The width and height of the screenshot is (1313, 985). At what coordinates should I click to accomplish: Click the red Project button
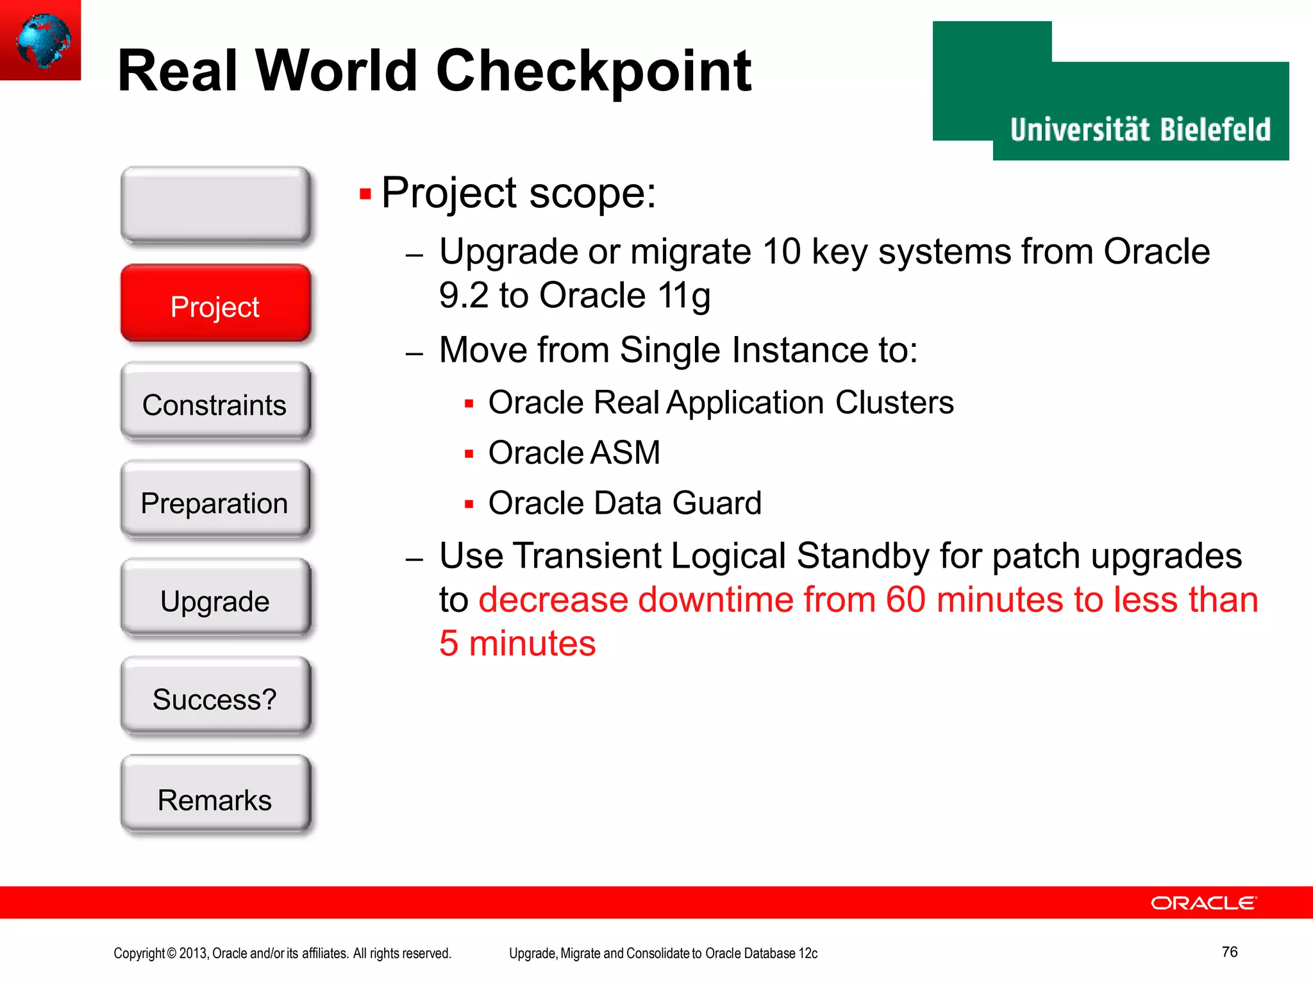pos(215,304)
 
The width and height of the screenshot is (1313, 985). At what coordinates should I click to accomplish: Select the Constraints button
pos(215,403)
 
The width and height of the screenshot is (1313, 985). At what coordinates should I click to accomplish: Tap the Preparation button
pos(215,501)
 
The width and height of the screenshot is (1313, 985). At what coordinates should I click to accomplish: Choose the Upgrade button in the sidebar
pos(215,599)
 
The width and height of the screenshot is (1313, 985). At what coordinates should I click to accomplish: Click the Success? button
pos(215,698)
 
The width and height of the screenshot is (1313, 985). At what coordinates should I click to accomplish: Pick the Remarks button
pos(215,797)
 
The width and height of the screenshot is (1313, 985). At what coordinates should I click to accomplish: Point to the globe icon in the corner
pos(42,40)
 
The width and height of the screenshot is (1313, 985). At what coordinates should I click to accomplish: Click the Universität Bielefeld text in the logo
pos(1140,130)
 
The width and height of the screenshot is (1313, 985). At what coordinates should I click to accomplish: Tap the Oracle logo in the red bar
pos(1203,903)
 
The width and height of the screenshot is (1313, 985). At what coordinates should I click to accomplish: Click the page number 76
pos(1229,952)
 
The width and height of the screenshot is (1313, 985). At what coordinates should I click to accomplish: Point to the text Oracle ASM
pos(574,453)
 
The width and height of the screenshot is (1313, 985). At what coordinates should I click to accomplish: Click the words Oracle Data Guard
pos(624,503)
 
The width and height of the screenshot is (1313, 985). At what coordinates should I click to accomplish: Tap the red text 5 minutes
pos(517,643)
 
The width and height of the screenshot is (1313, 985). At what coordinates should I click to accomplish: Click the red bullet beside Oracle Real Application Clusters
pos(469,404)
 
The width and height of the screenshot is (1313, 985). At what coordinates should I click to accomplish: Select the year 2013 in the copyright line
pos(193,954)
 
